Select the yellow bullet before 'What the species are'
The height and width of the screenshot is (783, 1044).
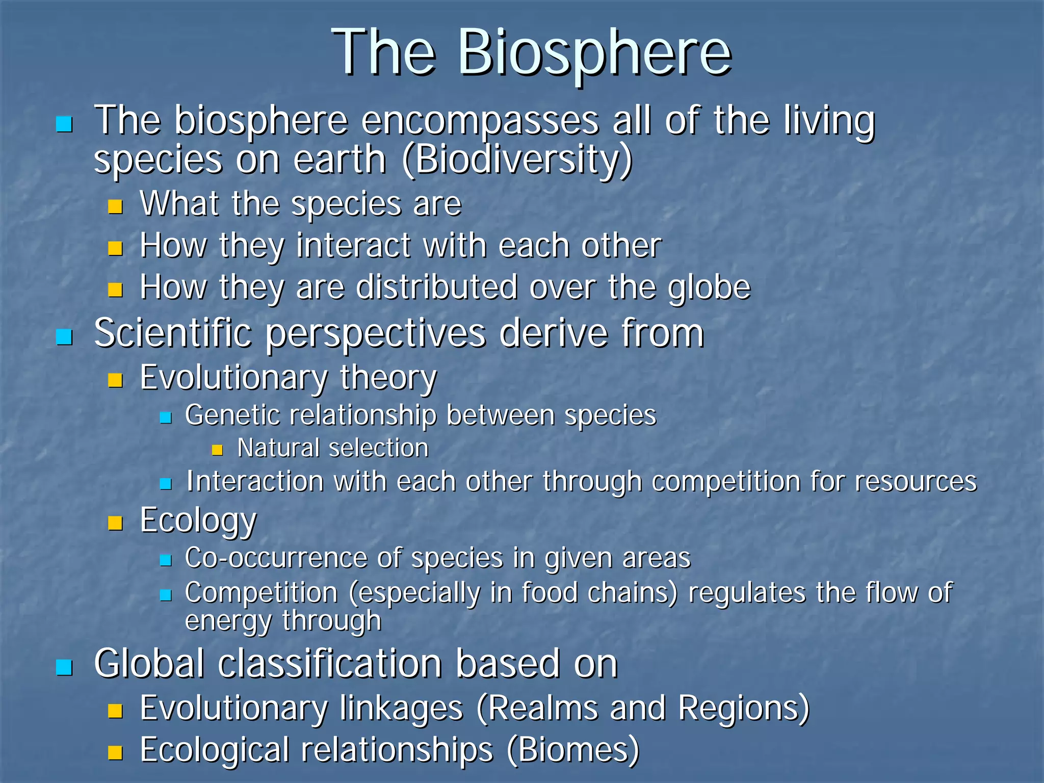click(x=116, y=206)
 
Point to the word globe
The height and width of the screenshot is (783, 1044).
click(x=709, y=288)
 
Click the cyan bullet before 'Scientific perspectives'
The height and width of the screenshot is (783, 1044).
click(x=64, y=337)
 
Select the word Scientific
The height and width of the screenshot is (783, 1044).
click(x=173, y=334)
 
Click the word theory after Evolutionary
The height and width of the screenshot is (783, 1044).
click(x=388, y=379)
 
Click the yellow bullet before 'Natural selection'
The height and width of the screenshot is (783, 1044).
click(x=218, y=450)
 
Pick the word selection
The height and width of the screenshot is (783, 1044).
click(x=378, y=449)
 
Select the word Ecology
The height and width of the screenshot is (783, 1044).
click(x=198, y=521)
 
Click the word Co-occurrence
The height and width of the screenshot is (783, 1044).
click(x=276, y=558)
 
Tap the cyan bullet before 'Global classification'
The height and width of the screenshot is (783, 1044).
click(x=64, y=667)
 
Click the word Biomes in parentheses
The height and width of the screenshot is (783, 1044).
click(x=573, y=750)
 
